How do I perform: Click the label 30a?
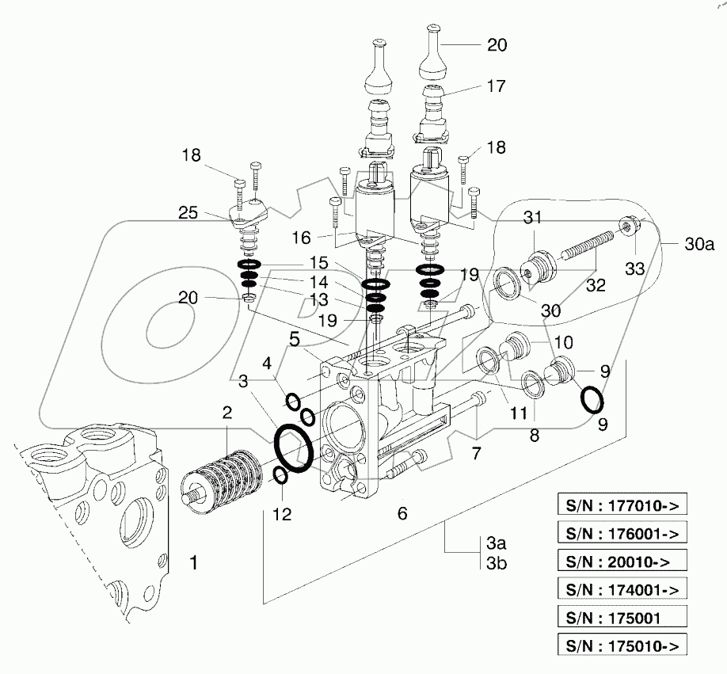point(699,245)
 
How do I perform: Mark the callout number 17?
point(497,86)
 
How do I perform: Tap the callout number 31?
point(533,219)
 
